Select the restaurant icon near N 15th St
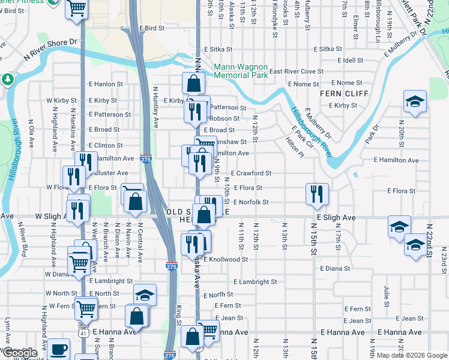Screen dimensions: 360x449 tap(317, 193)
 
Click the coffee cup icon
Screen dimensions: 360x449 tap(58, 349)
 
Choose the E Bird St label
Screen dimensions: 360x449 tap(151, 28)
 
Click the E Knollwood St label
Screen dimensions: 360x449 tap(225, 260)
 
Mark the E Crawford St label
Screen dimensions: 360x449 tap(252, 173)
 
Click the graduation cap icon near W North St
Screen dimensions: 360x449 tap(144, 295)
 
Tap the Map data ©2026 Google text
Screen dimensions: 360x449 tap(411, 355)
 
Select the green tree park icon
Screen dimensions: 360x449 tap(8, 79)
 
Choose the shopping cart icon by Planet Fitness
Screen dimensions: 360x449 tap(77, 8)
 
